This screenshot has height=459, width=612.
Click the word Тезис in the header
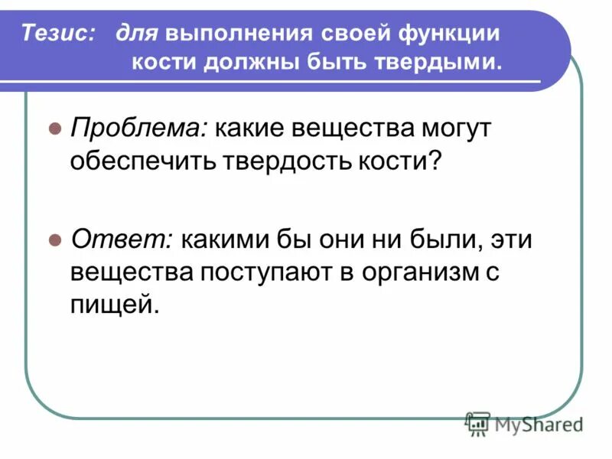tap(58, 34)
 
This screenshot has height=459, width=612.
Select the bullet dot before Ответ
tap(54, 240)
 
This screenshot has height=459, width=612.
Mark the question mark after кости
tap(436, 161)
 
